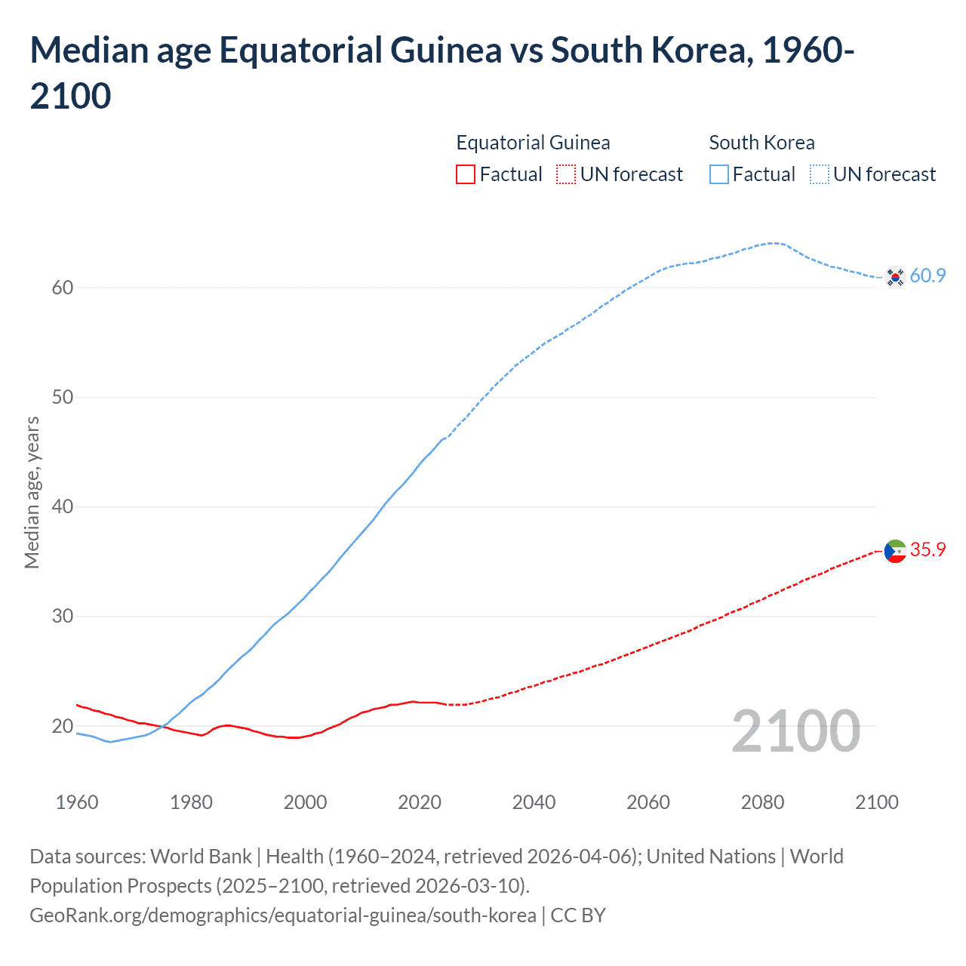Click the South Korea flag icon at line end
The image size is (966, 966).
895,277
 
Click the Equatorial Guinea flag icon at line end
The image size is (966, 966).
895,551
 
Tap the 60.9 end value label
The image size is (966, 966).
928,275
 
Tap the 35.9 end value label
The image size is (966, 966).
928,549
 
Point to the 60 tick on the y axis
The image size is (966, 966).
63,288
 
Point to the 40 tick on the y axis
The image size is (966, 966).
63,506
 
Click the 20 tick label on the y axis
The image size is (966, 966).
63,726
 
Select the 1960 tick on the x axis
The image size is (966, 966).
77,801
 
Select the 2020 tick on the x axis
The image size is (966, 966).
420,801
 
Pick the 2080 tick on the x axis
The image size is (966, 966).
762,801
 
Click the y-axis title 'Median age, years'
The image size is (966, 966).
32,492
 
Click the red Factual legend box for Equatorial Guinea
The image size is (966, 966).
466,174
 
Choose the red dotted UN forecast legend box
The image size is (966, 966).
566,174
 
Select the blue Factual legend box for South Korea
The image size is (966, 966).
719,174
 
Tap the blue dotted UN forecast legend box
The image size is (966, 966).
819,174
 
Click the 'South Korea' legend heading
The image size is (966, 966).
761,143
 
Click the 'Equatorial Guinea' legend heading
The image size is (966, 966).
533,143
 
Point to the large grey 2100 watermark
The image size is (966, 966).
795,731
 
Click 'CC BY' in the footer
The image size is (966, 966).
578,915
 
